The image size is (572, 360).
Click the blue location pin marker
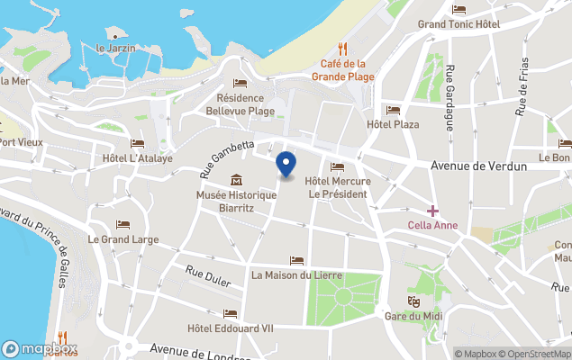(x=286, y=165)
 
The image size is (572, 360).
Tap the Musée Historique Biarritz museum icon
(x=236, y=179)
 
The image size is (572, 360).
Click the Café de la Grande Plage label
(x=342, y=70)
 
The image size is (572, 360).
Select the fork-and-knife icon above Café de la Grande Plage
(x=342, y=49)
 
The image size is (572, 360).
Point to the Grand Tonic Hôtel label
(x=458, y=23)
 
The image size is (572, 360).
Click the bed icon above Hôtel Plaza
(x=392, y=110)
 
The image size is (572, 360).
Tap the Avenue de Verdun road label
(x=471, y=166)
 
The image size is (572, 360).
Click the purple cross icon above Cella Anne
(x=433, y=211)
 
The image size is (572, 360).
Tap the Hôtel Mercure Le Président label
(x=338, y=187)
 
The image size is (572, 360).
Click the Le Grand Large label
(x=123, y=239)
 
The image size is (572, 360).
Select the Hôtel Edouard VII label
(x=230, y=328)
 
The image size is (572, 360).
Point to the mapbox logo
(x=40, y=348)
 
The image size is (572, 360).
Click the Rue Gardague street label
(x=448, y=98)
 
